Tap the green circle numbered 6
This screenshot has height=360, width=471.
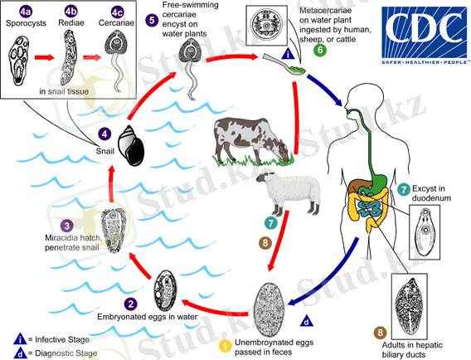point(319,50)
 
